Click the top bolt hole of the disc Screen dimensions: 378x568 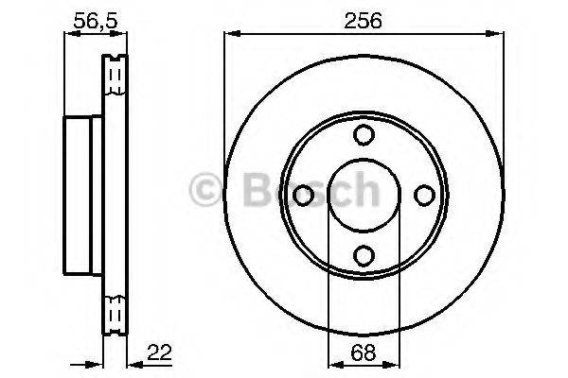point(364,136)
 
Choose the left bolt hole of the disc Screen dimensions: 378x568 point(304,196)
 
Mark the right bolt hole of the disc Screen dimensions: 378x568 point(423,196)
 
